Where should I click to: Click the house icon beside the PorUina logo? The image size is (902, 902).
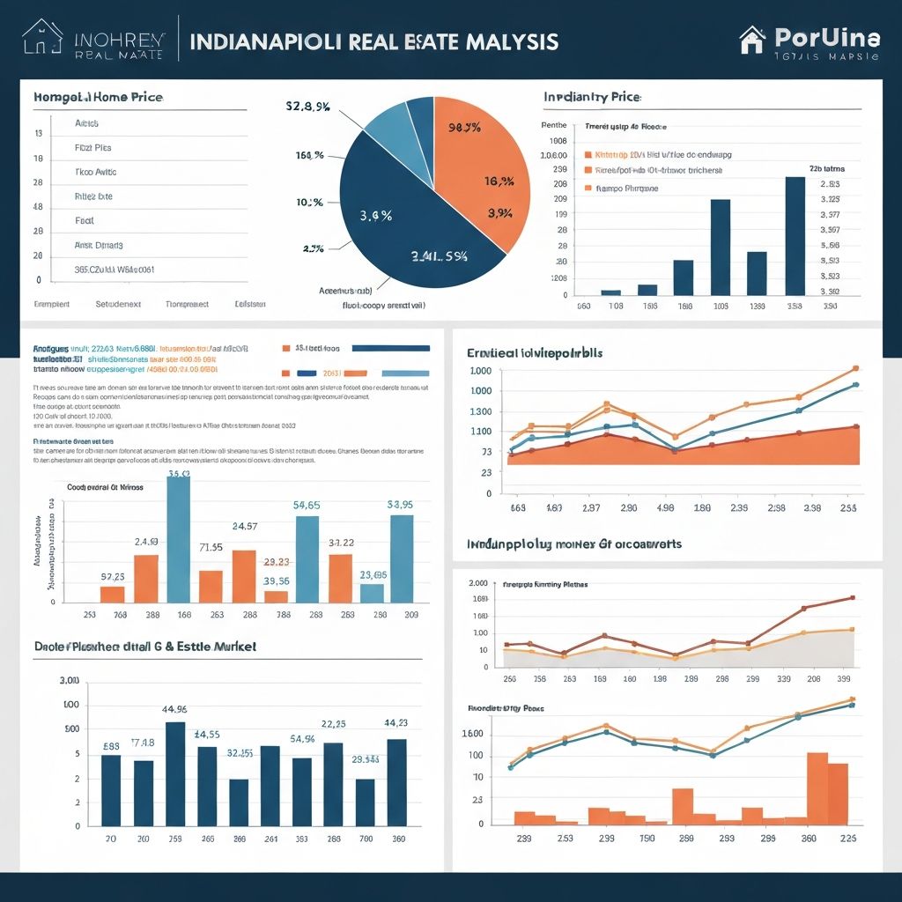(752, 40)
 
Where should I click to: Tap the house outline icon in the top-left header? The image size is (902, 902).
(42, 38)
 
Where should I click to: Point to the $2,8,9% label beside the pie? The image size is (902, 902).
(307, 107)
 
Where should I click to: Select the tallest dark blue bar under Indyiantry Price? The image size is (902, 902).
(795, 236)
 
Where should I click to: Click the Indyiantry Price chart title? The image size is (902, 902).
(592, 96)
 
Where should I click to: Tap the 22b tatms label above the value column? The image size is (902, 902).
(827, 167)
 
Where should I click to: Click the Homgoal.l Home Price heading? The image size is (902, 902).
(98, 97)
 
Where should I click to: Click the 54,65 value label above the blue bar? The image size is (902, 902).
(307, 505)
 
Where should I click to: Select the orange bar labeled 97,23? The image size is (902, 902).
(113, 594)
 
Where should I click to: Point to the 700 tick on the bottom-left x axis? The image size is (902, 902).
(365, 839)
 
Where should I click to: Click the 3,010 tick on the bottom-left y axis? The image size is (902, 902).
(69, 681)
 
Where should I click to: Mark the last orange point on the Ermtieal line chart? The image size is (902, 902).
(855, 369)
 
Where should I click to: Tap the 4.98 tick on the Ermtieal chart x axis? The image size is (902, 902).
(666, 508)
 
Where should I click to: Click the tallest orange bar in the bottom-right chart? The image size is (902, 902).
(817, 787)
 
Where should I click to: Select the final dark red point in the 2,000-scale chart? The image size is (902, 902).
(852, 598)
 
